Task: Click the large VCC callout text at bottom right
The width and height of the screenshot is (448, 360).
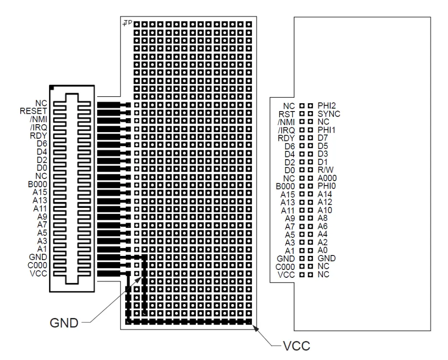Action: tap(297, 346)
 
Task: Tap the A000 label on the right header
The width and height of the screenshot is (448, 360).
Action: tap(328, 178)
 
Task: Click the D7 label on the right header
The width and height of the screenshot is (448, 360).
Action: tap(323, 138)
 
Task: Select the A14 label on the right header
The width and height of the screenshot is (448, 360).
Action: tap(325, 194)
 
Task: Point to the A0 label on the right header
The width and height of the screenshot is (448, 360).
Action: tap(323, 250)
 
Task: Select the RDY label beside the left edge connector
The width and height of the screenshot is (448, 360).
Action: tap(39, 136)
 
